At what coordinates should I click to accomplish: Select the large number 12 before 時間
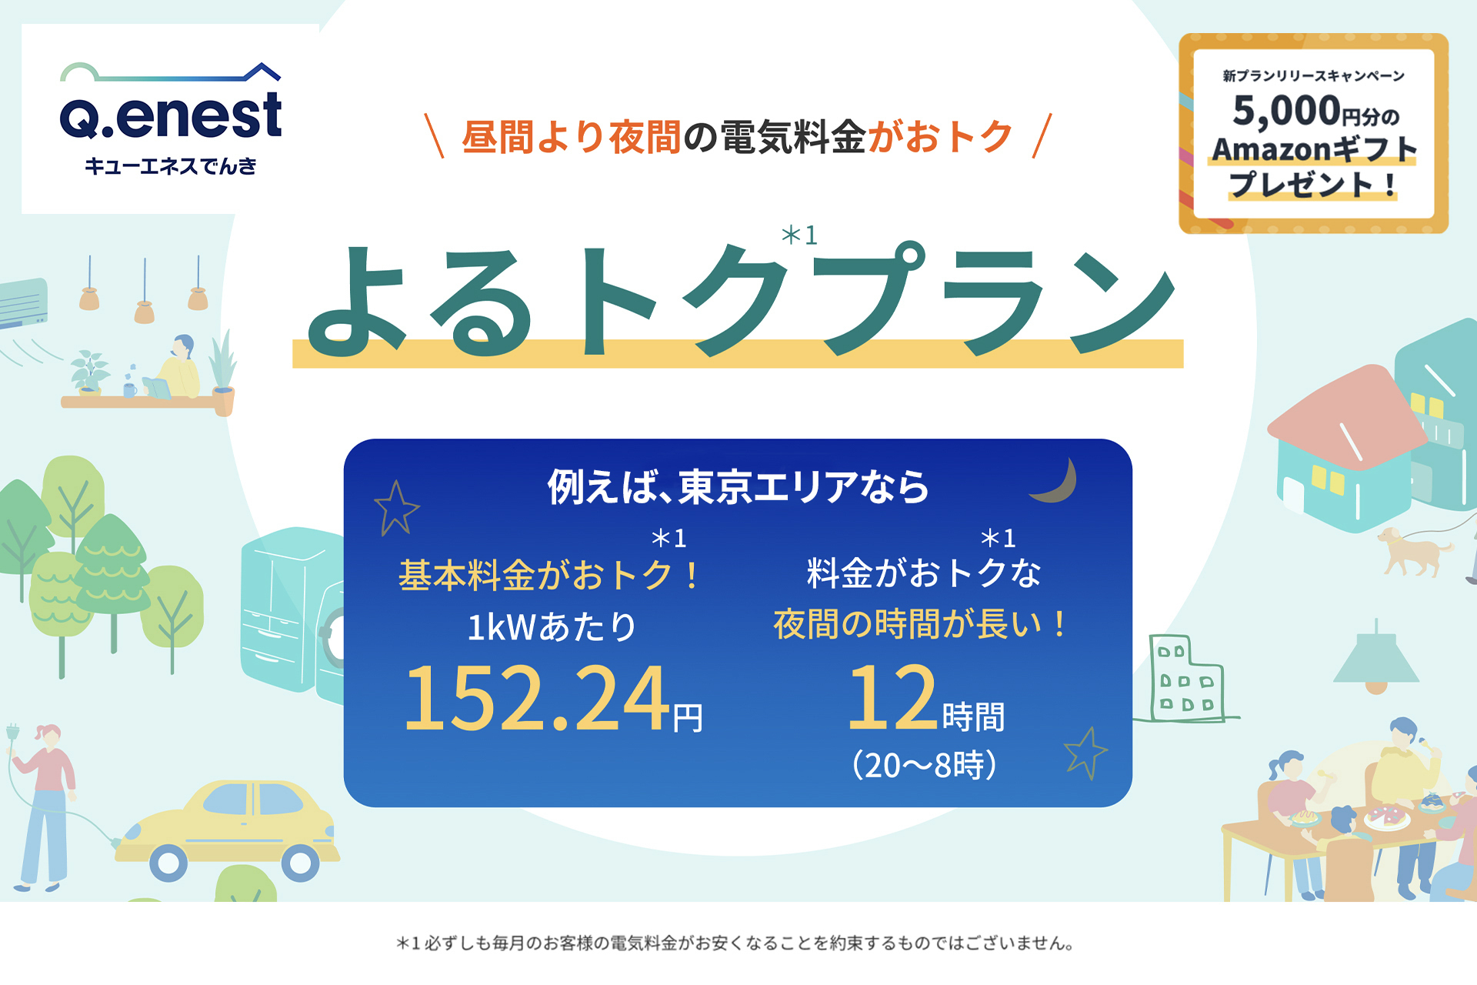pos(892,697)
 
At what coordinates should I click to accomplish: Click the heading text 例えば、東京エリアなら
pos(738,486)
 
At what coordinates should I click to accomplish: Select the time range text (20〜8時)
pos(924,765)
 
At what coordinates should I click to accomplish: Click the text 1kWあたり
pos(552,626)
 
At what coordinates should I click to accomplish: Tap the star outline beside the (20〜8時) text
pos(1085,753)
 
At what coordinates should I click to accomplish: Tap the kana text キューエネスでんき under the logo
pos(171,166)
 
